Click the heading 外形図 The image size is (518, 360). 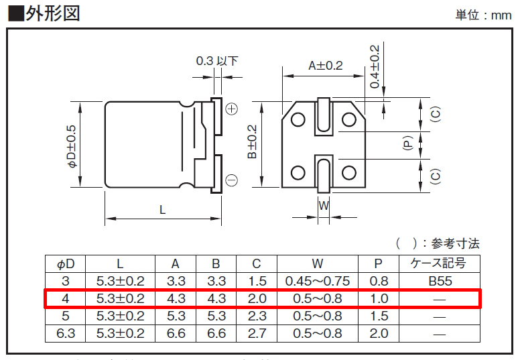click(53, 14)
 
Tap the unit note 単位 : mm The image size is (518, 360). click(484, 15)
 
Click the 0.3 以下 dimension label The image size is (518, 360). click(217, 61)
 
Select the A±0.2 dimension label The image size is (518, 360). click(326, 66)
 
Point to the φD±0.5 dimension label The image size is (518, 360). click(72, 146)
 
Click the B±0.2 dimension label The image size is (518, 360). click(252, 141)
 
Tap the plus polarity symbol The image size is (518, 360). click(232, 109)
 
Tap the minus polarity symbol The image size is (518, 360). click(232, 180)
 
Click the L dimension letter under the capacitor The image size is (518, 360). click(162, 210)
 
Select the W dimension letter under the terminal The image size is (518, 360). click(324, 206)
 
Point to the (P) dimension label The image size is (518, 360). click(408, 143)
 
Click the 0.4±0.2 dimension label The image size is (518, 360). click(375, 67)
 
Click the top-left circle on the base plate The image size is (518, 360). click(298, 120)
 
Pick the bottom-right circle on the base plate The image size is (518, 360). click(349, 172)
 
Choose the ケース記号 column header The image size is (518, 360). click(438, 263)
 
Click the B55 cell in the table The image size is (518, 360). click(440, 281)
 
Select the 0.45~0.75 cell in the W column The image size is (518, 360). click(318, 281)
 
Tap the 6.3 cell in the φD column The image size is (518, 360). click(66, 333)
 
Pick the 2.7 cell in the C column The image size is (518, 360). click(257, 333)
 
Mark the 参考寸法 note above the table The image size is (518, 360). click(455, 243)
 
